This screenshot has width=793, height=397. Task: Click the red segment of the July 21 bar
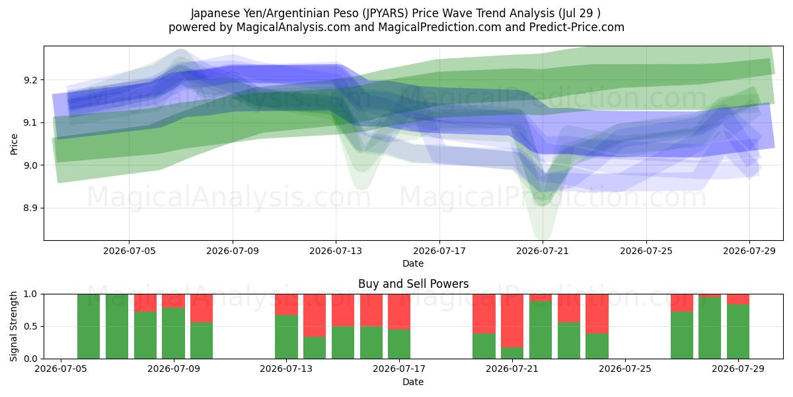(512, 321)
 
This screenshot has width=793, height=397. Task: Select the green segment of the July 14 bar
(315, 347)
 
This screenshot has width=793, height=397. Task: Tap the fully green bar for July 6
(89, 326)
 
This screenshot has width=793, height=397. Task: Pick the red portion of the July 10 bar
(202, 308)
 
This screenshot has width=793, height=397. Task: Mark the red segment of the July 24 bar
(597, 314)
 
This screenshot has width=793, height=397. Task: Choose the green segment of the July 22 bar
(541, 330)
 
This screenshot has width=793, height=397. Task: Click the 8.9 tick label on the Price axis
(30, 208)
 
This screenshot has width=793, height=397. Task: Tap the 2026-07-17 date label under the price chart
(439, 251)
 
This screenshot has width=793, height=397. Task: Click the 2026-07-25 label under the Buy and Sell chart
(625, 369)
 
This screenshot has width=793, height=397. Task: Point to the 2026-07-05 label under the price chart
(130, 251)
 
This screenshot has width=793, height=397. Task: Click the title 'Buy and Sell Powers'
(413, 284)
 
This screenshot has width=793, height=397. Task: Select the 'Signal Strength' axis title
(13, 326)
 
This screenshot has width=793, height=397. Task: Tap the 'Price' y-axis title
(14, 144)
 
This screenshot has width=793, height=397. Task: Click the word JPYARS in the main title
(385, 13)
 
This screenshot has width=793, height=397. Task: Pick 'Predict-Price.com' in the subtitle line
(577, 27)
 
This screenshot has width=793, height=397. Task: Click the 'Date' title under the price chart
(413, 263)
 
